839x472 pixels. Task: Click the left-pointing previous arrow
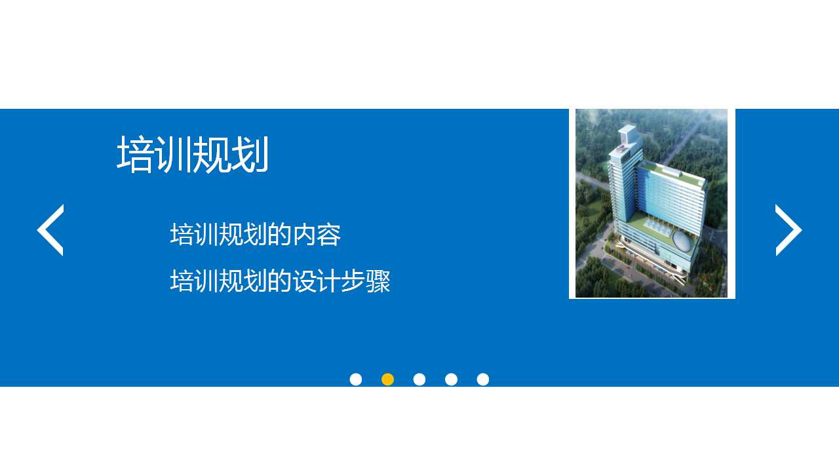(50, 230)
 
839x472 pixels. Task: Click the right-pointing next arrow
(788, 230)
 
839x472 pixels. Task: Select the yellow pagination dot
(387, 380)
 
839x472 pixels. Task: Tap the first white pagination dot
(356, 380)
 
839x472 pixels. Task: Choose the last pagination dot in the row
(483, 380)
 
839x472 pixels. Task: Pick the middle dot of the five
(419, 380)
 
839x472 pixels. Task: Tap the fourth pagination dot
(451, 380)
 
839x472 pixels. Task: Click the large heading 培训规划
(193, 155)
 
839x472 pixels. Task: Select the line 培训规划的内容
(255, 235)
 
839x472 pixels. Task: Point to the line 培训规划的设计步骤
(280, 281)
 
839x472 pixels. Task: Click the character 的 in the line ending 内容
(280, 235)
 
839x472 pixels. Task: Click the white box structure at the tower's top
(627, 134)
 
